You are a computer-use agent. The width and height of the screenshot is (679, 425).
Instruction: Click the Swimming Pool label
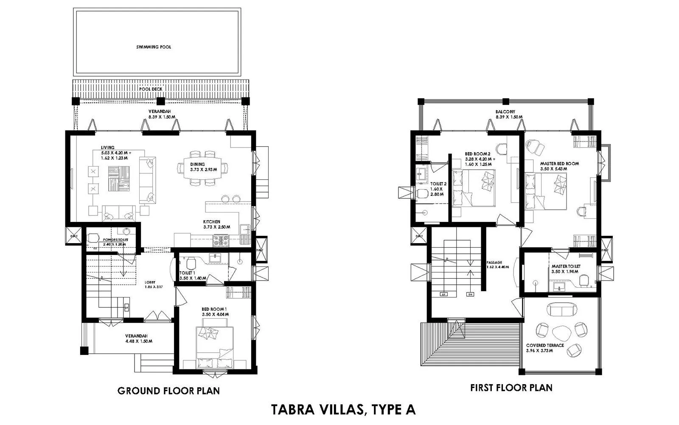[x=154, y=47]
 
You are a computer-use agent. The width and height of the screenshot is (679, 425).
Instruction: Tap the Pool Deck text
[x=160, y=89]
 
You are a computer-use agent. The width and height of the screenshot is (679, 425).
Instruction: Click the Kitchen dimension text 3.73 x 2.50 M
[x=216, y=227]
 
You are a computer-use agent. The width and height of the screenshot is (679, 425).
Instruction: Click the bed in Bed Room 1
[x=214, y=346]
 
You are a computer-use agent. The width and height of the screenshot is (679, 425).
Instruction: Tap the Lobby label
[x=150, y=282]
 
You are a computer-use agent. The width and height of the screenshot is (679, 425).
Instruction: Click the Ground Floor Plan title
[x=168, y=391]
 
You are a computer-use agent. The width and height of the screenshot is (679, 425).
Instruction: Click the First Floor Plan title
[x=511, y=388]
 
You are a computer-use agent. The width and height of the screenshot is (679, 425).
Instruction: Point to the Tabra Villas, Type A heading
[x=343, y=409]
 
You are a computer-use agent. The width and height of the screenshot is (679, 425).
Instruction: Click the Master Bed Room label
[x=559, y=164]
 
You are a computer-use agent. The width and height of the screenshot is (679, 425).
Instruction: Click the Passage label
[x=494, y=263]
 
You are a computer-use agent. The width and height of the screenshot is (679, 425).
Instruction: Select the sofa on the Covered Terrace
[x=561, y=309]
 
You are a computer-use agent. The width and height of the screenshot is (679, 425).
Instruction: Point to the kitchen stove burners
[x=221, y=241]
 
